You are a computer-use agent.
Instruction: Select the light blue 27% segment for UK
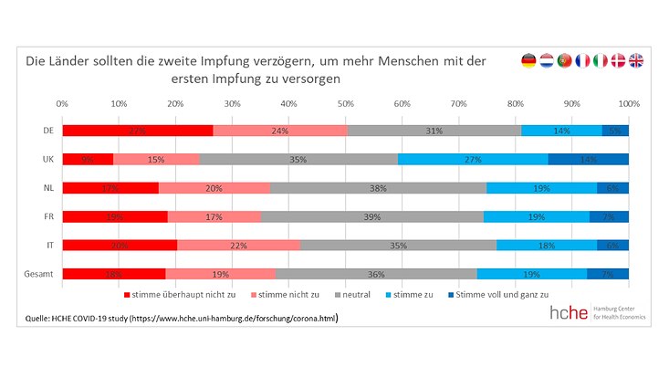pyautogui.click(x=473, y=159)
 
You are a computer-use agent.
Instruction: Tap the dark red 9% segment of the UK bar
pyautogui.click(x=88, y=159)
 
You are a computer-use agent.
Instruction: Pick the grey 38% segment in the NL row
pyautogui.click(x=378, y=188)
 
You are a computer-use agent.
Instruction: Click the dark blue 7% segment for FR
pyautogui.click(x=609, y=216)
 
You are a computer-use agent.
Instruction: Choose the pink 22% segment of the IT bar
pyautogui.click(x=238, y=245)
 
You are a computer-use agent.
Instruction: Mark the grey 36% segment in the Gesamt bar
pyautogui.click(x=376, y=273)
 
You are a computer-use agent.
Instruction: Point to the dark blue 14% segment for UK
pyautogui.click(x=588, y=159)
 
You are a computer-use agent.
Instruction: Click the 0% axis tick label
pyautogui.click(x=62, y=105)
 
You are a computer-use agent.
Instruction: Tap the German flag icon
pyautogui.click(x=528, y=61)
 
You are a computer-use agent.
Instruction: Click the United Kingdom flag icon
pyautogui.click(x=635, y=61)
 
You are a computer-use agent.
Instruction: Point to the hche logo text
pyautogui.click(x=570, y=312)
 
